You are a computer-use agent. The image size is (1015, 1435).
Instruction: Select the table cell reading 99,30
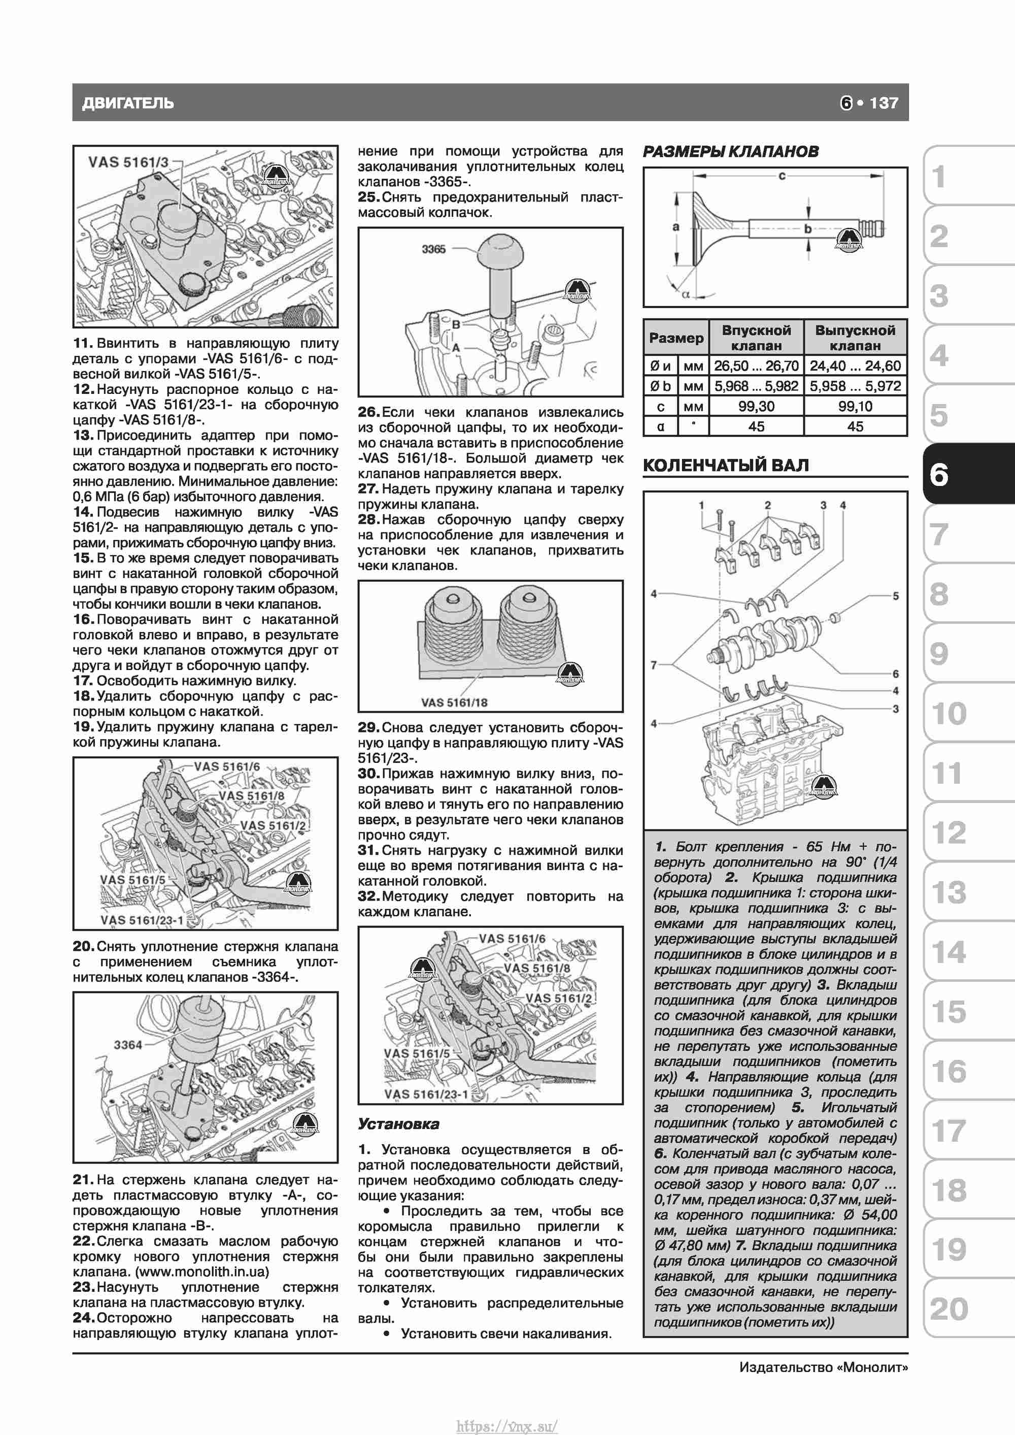click(x=756, y=406)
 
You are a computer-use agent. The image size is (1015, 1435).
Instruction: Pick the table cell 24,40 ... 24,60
click(x=855, y=365)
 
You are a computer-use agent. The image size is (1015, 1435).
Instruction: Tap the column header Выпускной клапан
click(x=855, y=338)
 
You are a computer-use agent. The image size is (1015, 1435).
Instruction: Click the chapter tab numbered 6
click(x=939, y=475)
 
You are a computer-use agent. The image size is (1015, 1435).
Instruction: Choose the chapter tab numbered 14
click(x=948, y=952)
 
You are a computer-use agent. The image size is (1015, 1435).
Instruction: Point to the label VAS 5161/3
click(x=128, y=162)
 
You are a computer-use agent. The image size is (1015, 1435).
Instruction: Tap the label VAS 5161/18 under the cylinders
click(x=454, y=703)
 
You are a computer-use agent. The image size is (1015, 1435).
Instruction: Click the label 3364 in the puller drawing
click(x=128, y=1044)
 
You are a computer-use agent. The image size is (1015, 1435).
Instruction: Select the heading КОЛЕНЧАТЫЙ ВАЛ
click(x=726, y=465)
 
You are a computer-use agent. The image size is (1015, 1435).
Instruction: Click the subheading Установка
click(x=398, y=1124)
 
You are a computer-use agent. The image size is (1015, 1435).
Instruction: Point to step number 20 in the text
click(x=83, y=946)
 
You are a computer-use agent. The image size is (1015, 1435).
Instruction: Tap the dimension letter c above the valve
click(x=782, y=176)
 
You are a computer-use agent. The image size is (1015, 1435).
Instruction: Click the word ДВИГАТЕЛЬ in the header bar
click(x=127, y=103)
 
